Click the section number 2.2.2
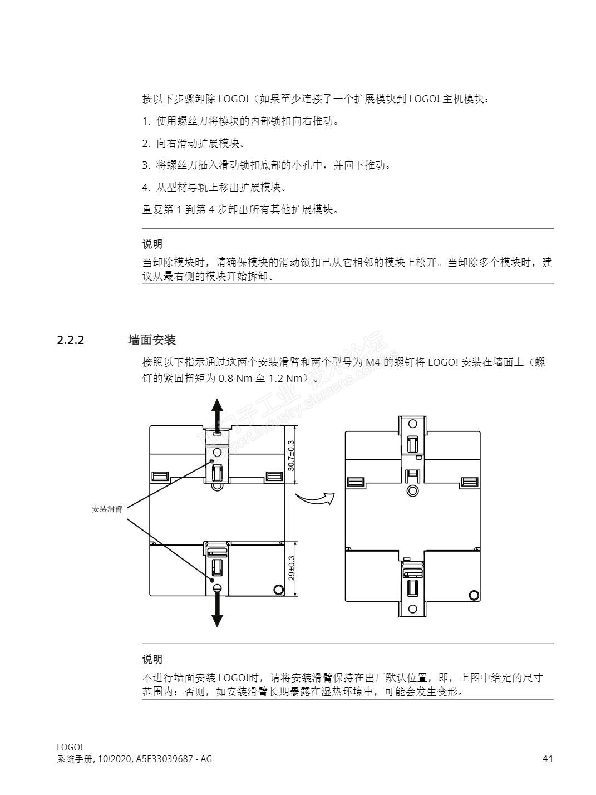[x=70, y=340]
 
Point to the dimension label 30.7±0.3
[x=291, y=455]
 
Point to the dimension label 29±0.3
[x=292, y=568]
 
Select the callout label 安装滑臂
[x=107, y=509]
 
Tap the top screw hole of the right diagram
[x=412, y=424]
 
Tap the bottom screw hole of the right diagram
[x=412, y=608]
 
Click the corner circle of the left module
[x=277, y=590]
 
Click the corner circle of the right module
[x=474, y=595]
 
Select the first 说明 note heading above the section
[x=152, y=244]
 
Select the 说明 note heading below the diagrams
[x=152, y=659]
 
